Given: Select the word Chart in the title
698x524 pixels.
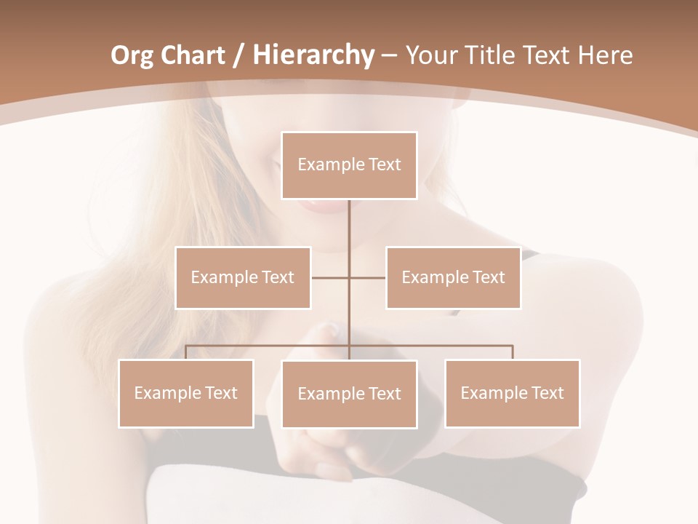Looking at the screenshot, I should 193,55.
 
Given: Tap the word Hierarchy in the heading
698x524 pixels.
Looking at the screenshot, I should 313,55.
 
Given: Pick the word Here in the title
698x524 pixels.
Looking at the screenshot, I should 606,55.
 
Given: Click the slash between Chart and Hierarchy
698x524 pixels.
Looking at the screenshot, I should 239,56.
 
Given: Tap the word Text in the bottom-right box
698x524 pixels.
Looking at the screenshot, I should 547,393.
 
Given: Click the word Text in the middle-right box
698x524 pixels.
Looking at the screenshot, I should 488,277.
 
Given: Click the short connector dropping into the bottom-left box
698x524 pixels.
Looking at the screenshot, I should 186,352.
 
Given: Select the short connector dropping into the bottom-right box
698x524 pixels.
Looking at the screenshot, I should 512,352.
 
